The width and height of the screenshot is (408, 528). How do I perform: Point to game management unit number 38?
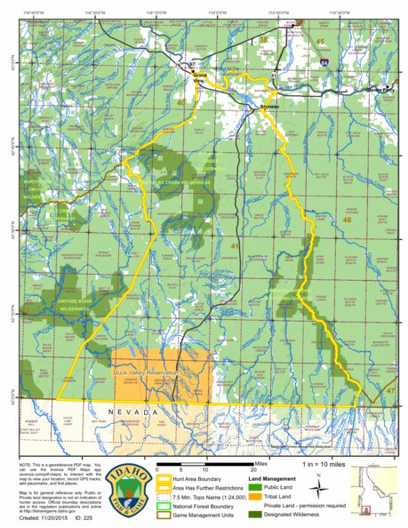(x=262, y=41)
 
